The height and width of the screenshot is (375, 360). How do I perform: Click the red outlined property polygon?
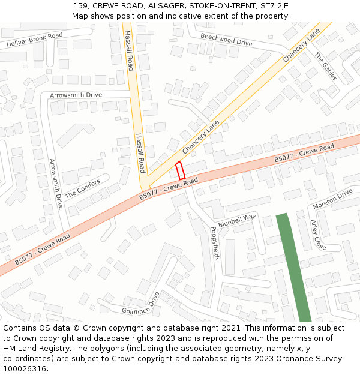[179, 170]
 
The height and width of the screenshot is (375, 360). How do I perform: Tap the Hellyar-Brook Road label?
[34, 40]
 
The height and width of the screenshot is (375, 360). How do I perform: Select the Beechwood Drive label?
[226, 40]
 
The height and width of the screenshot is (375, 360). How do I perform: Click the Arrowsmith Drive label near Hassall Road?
[76, 95]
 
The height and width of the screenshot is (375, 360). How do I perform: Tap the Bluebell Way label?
[236, 220]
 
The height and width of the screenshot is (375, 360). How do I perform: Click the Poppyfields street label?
[215, 243]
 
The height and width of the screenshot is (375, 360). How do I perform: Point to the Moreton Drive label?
[332, 199]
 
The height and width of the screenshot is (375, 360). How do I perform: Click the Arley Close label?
[318, 235]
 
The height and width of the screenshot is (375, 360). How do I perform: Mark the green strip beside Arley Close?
[293, 267]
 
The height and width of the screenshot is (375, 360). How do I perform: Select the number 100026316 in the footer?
[25, 368]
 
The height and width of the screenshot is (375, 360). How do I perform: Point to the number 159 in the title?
[81, 5]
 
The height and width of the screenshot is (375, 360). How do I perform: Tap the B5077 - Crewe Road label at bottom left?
[42, 250]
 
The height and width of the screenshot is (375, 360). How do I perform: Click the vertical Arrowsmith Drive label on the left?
[55, 184]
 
